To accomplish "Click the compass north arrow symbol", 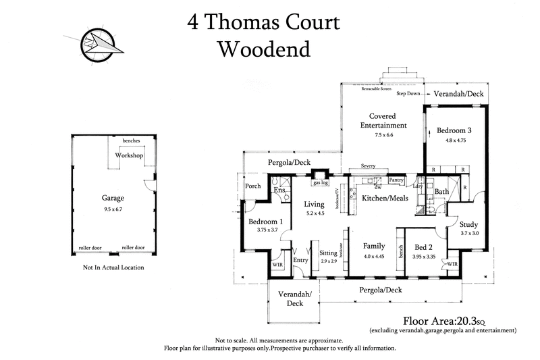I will (x=99, y=43).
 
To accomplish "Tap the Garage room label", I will (x=113, y=199).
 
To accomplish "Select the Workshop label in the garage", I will (x=130, y=155).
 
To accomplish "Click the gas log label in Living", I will (x=320, y=182).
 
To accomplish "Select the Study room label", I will (x=468, y=224).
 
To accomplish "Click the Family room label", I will (x=374, y=246).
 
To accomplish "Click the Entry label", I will (x=300, y=260).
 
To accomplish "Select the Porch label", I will (x=253, y=186).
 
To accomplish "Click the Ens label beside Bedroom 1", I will (x=278, y=191).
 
